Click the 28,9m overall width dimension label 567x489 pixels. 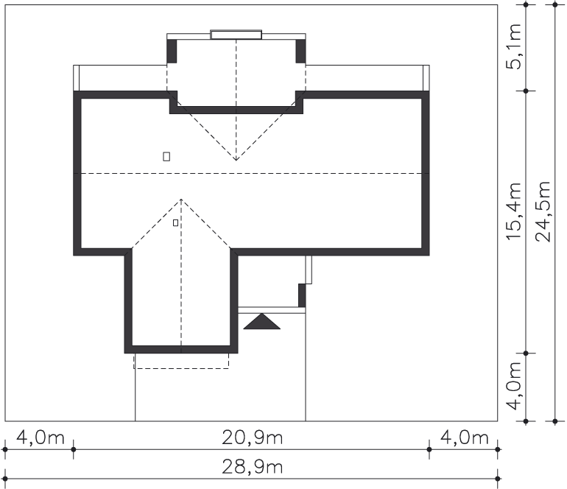(x=252, y=467)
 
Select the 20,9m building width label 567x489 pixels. (x=252, y=437)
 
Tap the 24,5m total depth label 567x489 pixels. (x=543, y=211)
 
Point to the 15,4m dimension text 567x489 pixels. (x=514, y=211)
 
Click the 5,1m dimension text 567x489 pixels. (x=514, y=46)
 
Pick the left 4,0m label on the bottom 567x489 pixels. (x=40, y=437)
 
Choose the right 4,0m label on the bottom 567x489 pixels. (x=465, y=437)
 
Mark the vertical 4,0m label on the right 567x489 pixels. (x=514, y=386)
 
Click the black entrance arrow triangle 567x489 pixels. (x=262, y=322)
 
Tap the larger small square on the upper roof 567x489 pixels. (x=166, y=156)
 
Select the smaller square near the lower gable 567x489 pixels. (x=175, y=223)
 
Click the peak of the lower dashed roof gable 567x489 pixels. (x=181, y=200)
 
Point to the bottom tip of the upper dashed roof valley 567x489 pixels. (x=236, y=160)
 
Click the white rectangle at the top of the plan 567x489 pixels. (x=236, y=35)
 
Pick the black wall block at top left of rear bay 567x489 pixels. (x=172, y=52)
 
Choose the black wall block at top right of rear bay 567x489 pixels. (x=301, y=52)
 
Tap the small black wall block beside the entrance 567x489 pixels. (x=302, y=295)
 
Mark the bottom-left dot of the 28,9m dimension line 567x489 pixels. (x=5, y=479)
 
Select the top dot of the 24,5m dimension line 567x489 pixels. (x=555, y=4)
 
